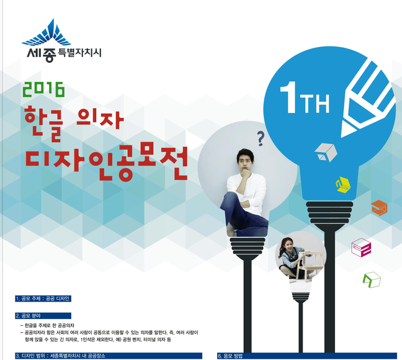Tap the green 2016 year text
point(43,89)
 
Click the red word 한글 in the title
point(44,125)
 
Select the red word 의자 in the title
point(100,120)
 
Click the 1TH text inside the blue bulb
point(305,98)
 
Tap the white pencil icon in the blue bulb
point(368,99)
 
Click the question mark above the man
point(261,138)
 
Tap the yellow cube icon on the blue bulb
point(344,184)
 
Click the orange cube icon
point(379,208)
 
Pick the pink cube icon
point(361,248)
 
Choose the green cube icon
point(372,280)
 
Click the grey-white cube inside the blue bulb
point(326,153)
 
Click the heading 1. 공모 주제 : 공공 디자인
point(43,299)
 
